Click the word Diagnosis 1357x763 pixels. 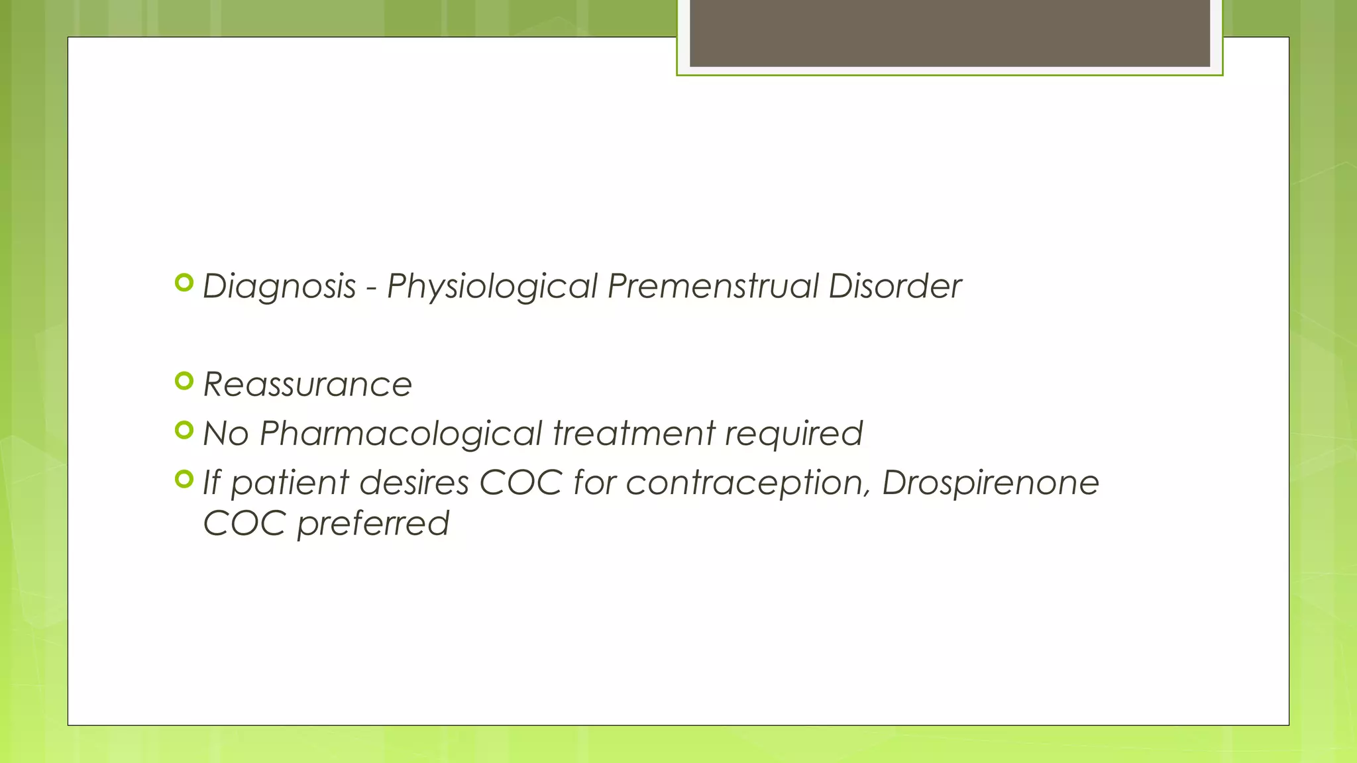[279, 287]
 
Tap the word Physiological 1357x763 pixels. [492, 287]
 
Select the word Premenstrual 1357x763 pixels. [713, 287]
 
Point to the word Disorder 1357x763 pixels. [895, 287]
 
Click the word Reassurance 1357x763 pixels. [307, 385]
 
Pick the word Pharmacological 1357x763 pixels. [401, 434]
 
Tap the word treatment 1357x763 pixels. [634, 434]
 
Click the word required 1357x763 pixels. [794, 434]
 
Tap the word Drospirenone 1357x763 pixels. [991, 483]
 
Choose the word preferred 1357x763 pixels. [373, 524]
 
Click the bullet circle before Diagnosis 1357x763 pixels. [184, 283]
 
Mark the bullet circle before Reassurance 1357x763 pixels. [184, 381]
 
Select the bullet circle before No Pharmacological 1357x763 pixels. [184, 430]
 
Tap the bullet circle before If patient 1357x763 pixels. [184, 479]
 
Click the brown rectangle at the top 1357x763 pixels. [950, 33]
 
